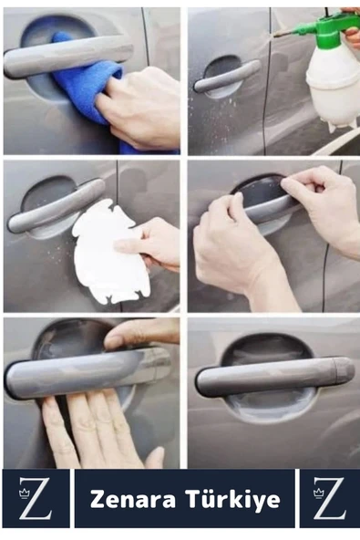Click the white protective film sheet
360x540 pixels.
click(x=110, y=254)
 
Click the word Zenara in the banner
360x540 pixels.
click(x=133, y=500)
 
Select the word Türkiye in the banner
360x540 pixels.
click(x=232, y=499)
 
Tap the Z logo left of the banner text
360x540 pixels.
click(x=36, y=498)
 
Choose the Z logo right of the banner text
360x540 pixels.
click(x=329, y=498)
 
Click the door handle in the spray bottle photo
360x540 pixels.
click(x=227, y=76)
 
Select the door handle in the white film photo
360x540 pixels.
click(x=56, y=205)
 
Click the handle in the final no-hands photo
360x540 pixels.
click(x=274, y=377)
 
